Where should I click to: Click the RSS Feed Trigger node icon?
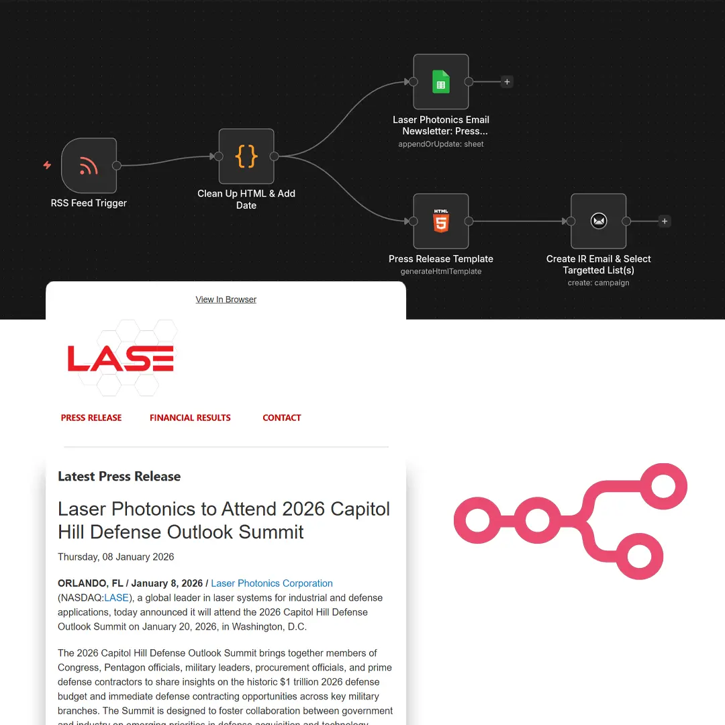coord(89,165)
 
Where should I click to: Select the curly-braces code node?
coord(246,156)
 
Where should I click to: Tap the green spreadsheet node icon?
coord(441,82)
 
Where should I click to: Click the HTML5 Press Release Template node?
coord(441,221)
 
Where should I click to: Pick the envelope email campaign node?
coord(598,221)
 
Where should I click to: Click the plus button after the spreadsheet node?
coord(507,82)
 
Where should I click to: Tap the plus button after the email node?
coord(664,221)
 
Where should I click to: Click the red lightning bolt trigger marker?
coord(47,165)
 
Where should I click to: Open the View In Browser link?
coord(226,299)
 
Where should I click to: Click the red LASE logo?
coord(121,358)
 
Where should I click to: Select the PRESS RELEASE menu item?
coord(91,418)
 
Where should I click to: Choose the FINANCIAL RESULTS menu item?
coord(190,418)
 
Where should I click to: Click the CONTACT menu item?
coord(282,418)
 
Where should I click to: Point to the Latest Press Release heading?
coord(119,477)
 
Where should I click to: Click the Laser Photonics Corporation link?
coord(272,583)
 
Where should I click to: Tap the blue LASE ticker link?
coord(116,597)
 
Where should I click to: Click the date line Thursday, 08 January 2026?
coord(116,557)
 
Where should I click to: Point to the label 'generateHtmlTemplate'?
coord(441,271)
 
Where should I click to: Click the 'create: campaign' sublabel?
coord(598,283)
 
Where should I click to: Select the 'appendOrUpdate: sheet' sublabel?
coord(441,144)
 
